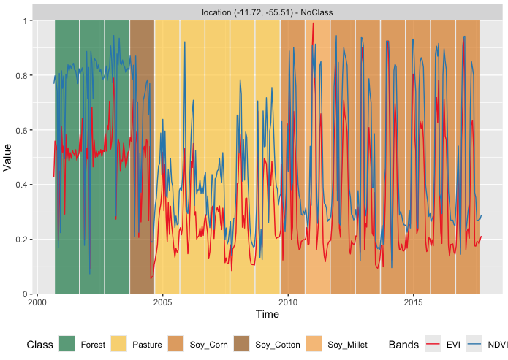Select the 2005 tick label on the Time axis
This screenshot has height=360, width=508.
(x=162, y=302)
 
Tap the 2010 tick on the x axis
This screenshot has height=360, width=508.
(x=288, y=302)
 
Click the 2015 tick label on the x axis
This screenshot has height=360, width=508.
(x=414, y=302)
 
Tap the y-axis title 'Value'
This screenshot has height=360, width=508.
(x=8, y=157)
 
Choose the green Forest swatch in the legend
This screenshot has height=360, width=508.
(x=67, y=344)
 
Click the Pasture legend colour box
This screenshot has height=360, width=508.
(x=119, y=344)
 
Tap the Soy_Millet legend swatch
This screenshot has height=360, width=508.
(x=315, y=344)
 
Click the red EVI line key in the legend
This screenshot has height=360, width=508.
(x=434, y=344)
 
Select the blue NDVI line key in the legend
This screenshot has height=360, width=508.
(x=474, y=344)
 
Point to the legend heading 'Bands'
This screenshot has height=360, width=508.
(x=403, y=344)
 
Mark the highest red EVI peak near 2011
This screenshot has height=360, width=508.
(x=313, y=23)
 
